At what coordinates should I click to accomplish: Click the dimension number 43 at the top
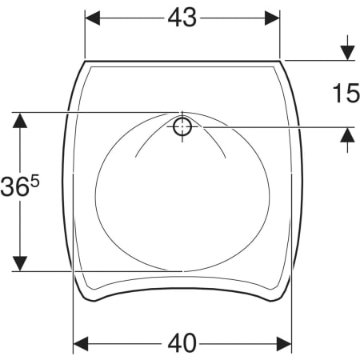coord(182,18)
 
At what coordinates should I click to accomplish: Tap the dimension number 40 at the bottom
coord(182,343)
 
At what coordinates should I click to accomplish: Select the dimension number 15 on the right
coord(346,93)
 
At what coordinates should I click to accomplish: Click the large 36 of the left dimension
coord(14,186)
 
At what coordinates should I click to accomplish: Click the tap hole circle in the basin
coord(182,126)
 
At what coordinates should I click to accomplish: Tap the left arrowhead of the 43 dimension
coord(92,18)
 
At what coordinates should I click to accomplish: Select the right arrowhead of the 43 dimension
coord(272,18)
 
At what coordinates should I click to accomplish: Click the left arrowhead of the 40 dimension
coord(81,344)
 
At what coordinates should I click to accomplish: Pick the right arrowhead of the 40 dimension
coord(284,344)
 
